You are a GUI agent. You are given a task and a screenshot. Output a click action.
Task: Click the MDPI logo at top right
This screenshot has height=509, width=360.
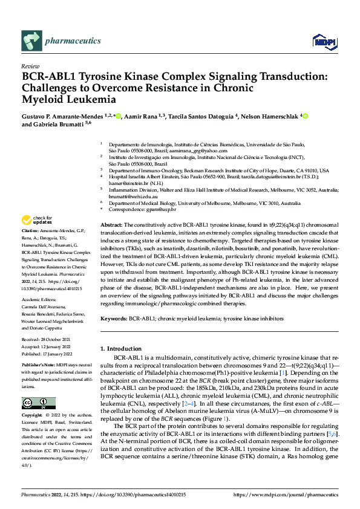[324, 41]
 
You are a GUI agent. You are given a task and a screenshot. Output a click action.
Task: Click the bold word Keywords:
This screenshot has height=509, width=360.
[113, 317]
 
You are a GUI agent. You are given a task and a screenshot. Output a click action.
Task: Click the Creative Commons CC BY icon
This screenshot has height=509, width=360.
[35, 403]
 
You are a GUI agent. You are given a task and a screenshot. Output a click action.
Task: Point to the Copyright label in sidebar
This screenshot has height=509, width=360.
[32, 417]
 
